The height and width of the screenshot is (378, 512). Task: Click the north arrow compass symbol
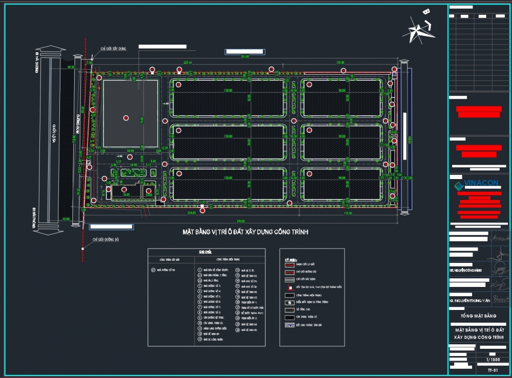click(421, 27)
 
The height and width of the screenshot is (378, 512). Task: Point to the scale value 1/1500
click(492, 360)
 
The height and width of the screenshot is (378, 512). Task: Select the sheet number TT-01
click(492, 369)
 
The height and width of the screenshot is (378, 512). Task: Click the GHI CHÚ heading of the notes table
click(206, 252)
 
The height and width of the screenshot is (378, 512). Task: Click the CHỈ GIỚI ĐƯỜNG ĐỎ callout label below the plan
click(105, 239)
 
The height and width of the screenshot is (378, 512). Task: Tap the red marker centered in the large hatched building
click(126, 118)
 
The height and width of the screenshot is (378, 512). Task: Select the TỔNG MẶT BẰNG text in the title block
click(475, 316)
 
